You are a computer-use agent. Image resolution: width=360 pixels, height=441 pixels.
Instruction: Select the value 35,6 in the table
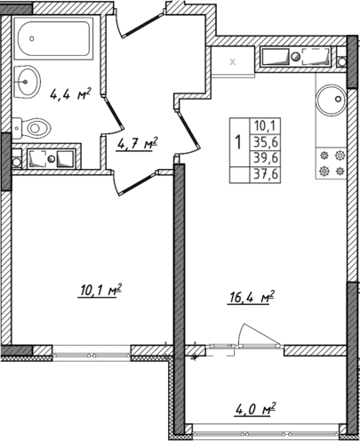click(x=264, y=140)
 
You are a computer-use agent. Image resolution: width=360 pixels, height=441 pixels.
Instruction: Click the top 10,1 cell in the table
click(x=264, y=125)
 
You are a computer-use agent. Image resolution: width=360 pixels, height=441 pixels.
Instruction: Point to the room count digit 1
click(x=237, y=141)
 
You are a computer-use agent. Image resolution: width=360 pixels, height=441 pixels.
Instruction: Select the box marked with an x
click(x=233, y=61)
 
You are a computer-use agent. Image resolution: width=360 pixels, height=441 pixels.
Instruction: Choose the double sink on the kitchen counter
click(x=297, y=59)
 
